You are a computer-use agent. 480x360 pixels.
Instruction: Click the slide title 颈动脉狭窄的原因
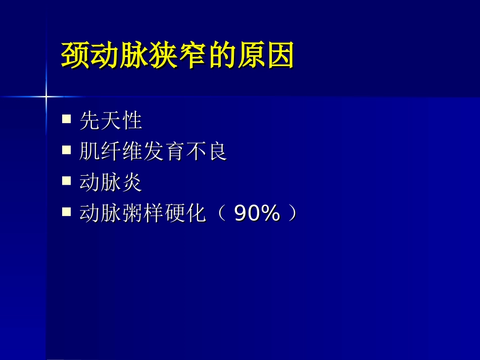click(x=177, y=55)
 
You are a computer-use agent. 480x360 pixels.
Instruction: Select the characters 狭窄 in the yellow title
click(x=177, y=55)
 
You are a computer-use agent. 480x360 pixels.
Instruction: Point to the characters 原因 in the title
click(x=265, y=55)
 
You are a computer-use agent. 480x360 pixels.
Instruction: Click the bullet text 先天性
click(x=111, y=121)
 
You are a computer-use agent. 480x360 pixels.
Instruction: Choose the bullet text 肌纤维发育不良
click(x=153, y=151)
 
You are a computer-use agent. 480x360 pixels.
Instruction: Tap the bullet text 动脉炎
click(x=111, y=183)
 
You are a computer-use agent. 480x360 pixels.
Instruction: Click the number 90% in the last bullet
click(x=257, y=214)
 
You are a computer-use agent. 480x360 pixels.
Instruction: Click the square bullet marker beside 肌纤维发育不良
click(x=66, y=150)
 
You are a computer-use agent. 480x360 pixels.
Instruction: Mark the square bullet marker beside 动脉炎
click(x=66, y=181)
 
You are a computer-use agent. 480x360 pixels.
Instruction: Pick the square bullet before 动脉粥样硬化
click(x=66, y=212)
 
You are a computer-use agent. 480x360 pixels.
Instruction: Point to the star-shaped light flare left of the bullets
click(x=46, y=96)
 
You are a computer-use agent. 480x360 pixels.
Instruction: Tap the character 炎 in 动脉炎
click(x=132, y=183)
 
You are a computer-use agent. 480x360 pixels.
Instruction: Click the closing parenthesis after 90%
click(x=292, y=214)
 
